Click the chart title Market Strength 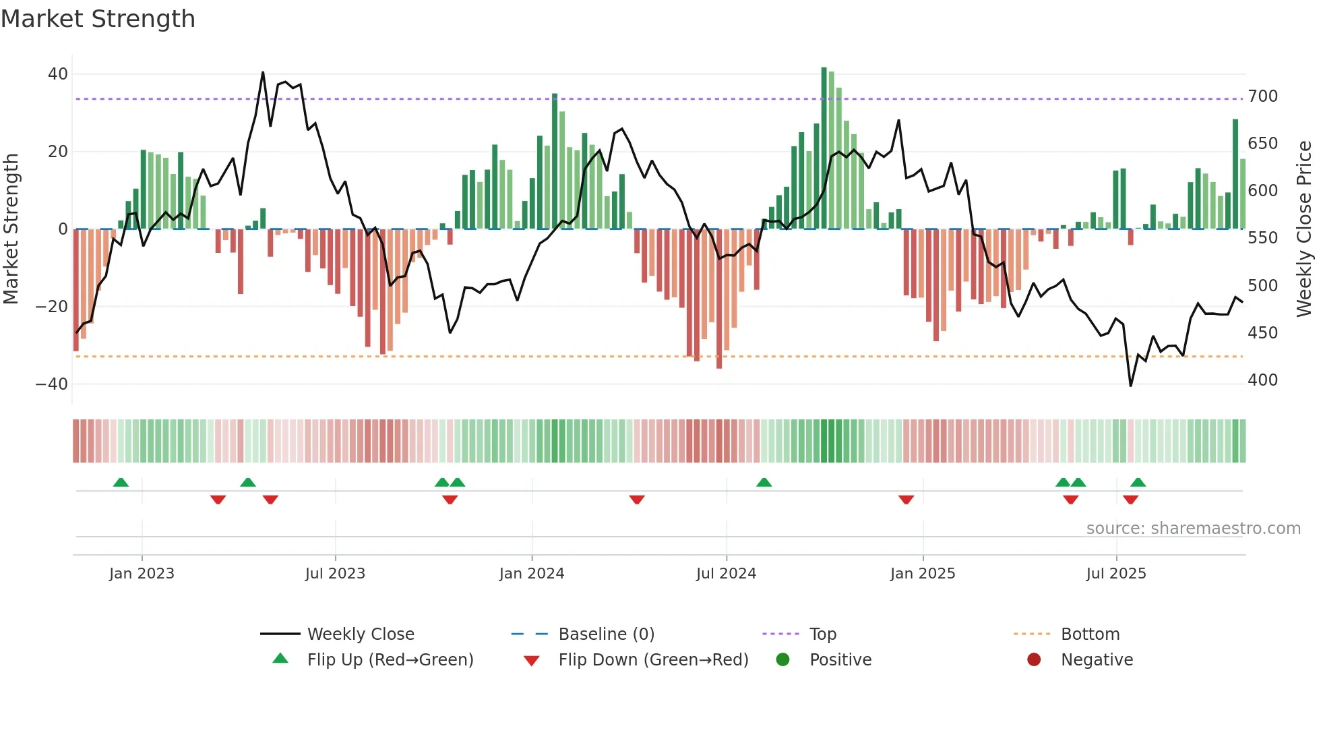point(98,19)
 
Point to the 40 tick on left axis point(58,74)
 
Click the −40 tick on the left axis point(52,384)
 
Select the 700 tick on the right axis point(1262,96)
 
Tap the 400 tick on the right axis point(1262,380)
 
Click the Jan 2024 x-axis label point(531,574)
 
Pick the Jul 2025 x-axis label point(1115,574)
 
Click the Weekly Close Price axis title point(1304,229)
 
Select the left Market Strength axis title point(11,229)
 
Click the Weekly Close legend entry point(360,634)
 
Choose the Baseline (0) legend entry point(606,634)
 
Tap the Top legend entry point(822,634)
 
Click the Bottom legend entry point(1090,634)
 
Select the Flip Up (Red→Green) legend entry point(390,660)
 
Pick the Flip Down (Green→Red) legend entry point(653,660)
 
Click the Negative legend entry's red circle point(1034,659)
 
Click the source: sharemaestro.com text point(1193,529)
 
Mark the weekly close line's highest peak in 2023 point(263,72)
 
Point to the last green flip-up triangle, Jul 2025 point(1138,483)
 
